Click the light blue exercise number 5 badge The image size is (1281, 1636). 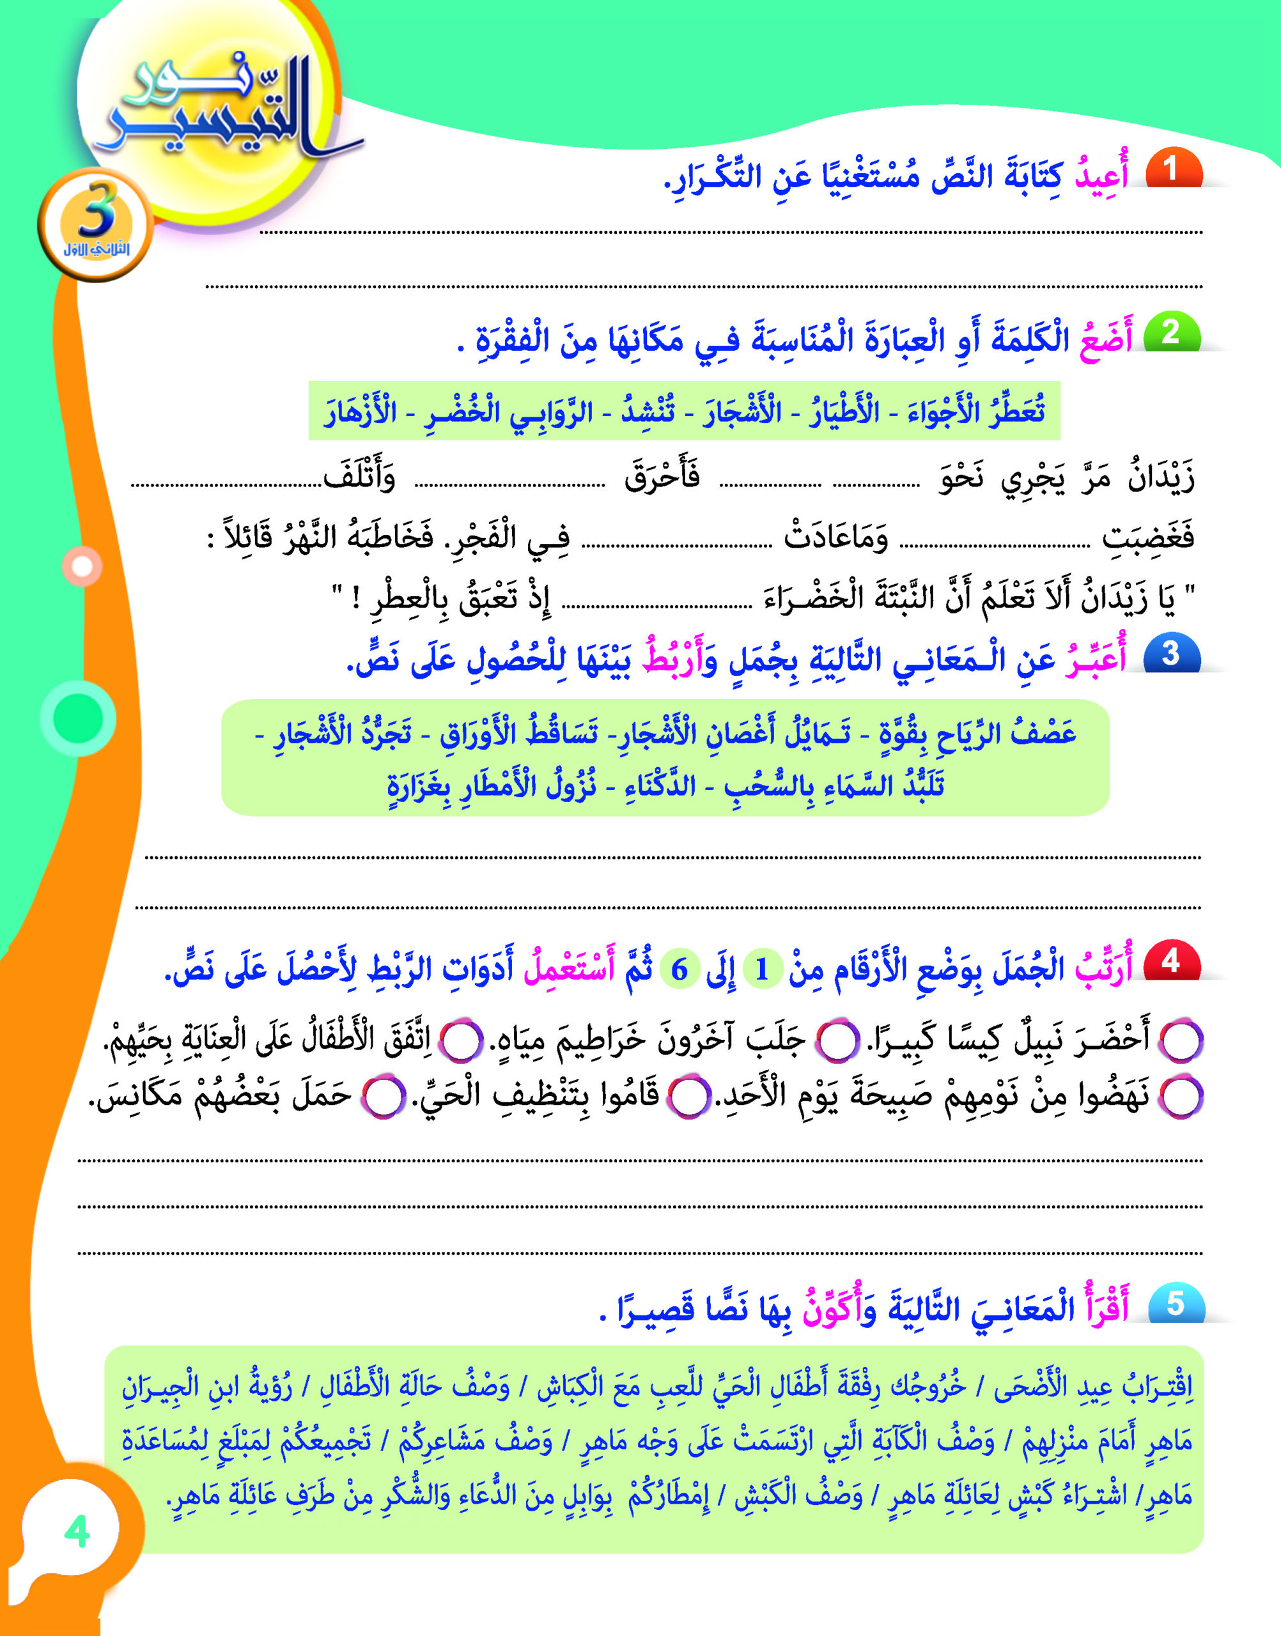(1174, 1304)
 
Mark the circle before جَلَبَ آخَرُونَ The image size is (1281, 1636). (837, 1042)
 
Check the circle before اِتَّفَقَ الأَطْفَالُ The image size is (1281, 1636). (459, 1042)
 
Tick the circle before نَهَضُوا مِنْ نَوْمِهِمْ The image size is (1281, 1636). (1181, 1097)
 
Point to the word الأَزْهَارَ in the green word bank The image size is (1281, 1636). (361, 411)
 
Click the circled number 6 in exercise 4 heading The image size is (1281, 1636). (679, 969)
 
